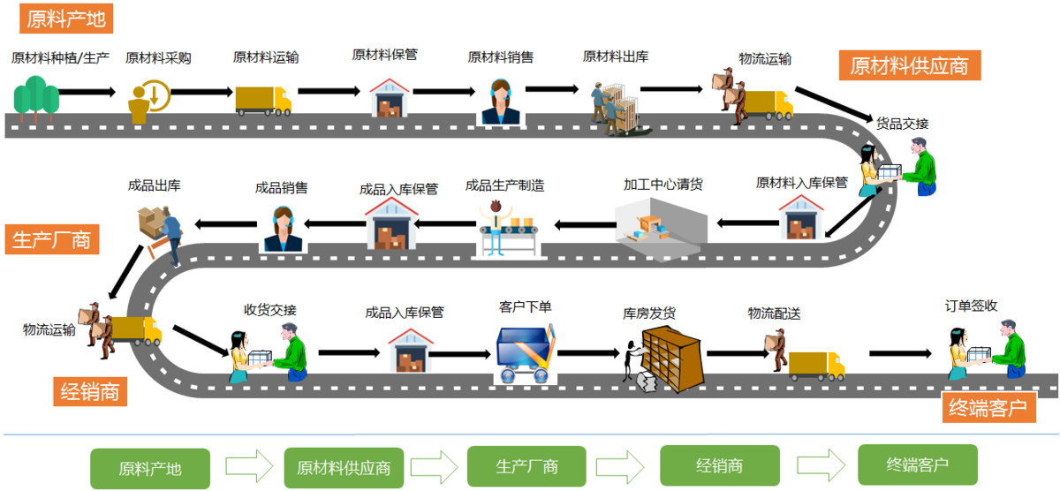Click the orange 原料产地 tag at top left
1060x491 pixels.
pos(64,18)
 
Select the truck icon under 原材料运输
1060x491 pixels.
pos(263,100)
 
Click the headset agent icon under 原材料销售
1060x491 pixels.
pos(501,102)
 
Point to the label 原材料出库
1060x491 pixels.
pos(616,57)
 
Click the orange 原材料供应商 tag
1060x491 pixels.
pos(909,65)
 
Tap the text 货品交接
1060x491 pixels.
pos(902,123)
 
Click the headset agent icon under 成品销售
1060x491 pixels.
pos(283,229)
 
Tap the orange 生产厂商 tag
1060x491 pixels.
pos(51,239)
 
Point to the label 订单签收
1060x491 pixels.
pos(971,306)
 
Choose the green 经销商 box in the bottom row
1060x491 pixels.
pos(719,466)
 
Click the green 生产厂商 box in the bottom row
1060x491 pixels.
pos(526,466)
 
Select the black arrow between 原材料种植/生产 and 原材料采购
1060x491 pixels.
pos(87,91)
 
